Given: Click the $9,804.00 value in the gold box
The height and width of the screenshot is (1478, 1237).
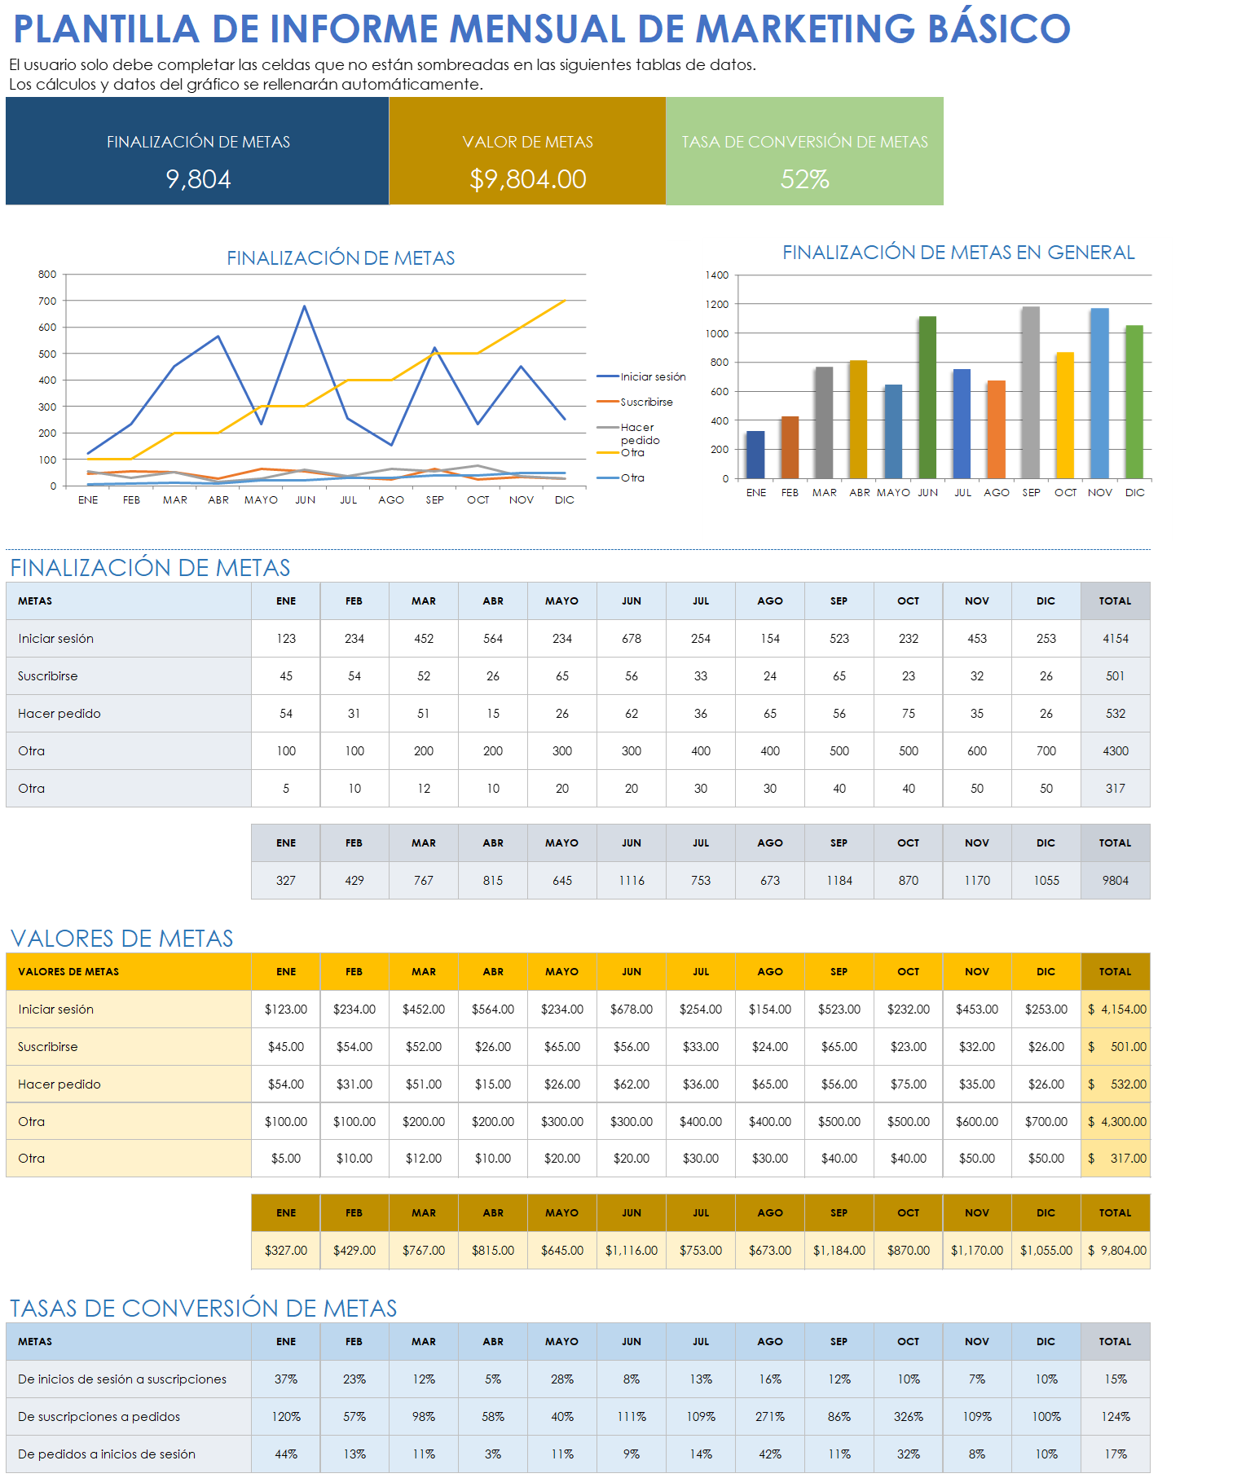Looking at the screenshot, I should point(527,179).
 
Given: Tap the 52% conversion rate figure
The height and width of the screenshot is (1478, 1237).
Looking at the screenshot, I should point(804,179).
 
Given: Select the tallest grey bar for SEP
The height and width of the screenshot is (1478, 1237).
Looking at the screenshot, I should point(1031,392).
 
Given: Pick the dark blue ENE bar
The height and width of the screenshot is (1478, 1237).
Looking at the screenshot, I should point(755,454).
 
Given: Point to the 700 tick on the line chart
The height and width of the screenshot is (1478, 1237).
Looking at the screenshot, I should point(47,301).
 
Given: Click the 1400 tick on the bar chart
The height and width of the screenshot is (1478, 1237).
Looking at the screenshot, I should point(717,275).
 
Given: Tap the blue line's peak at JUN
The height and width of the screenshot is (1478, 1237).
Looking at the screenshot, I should point(305,306).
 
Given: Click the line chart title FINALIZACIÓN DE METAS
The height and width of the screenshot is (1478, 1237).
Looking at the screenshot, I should point(341,258).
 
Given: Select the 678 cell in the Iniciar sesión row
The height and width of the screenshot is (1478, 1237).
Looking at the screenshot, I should point(632,639).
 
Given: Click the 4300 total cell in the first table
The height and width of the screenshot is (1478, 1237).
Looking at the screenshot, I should point(1116,751).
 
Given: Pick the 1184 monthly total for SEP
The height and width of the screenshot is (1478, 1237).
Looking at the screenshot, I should point(839,881).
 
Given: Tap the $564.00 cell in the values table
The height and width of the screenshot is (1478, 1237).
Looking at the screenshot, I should point(493,1010).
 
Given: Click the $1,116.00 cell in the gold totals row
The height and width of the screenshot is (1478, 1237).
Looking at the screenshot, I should point(632,1251).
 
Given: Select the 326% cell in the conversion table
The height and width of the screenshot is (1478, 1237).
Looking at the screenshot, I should point(909,1417).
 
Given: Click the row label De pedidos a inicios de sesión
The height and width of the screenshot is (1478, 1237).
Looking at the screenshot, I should point(107,1454).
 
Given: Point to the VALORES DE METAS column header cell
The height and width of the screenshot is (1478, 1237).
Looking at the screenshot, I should point(68,972).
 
